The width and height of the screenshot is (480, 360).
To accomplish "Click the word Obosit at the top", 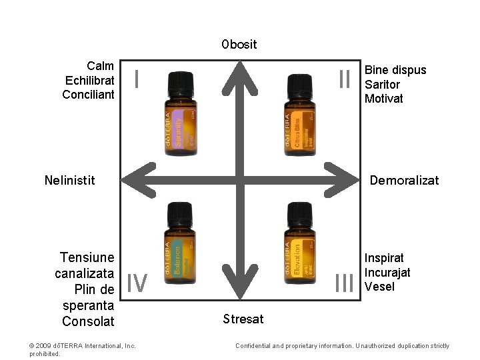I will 239,45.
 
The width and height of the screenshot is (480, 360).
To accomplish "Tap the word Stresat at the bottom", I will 243,319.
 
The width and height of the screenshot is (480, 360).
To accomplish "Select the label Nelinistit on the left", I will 69,179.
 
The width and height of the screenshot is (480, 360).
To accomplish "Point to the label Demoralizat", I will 404,179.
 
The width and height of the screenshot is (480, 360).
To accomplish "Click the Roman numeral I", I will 136,79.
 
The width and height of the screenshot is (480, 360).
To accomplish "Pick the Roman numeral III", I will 344,283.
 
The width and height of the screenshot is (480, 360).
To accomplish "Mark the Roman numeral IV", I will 137,283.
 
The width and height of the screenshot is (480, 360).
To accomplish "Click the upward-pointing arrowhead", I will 239,74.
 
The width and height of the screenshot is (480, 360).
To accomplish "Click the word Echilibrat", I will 90,81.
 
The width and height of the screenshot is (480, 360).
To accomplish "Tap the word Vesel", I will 379,287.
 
